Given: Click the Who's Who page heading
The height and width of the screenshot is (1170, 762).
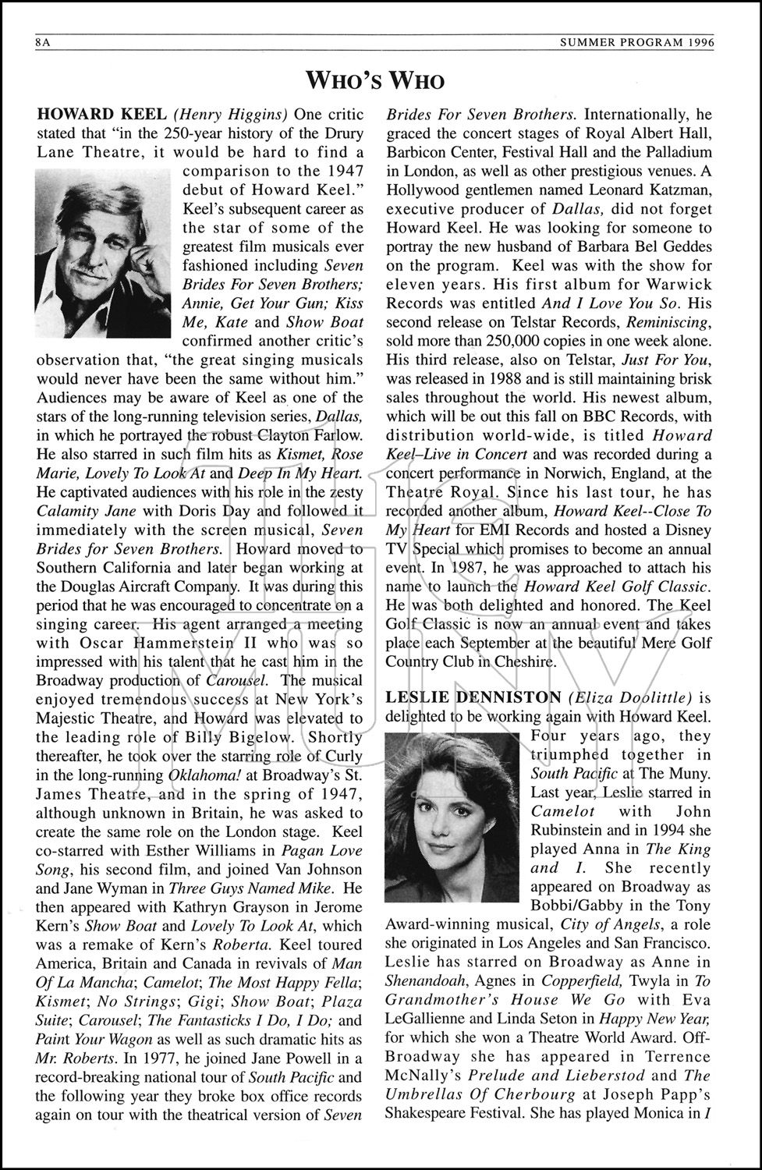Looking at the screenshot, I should (x=375, y=80).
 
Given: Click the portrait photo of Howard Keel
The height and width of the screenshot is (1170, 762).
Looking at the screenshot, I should (x=103, y=253).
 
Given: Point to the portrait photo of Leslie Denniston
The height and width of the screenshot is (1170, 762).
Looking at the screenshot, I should (x=452, y=817).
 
